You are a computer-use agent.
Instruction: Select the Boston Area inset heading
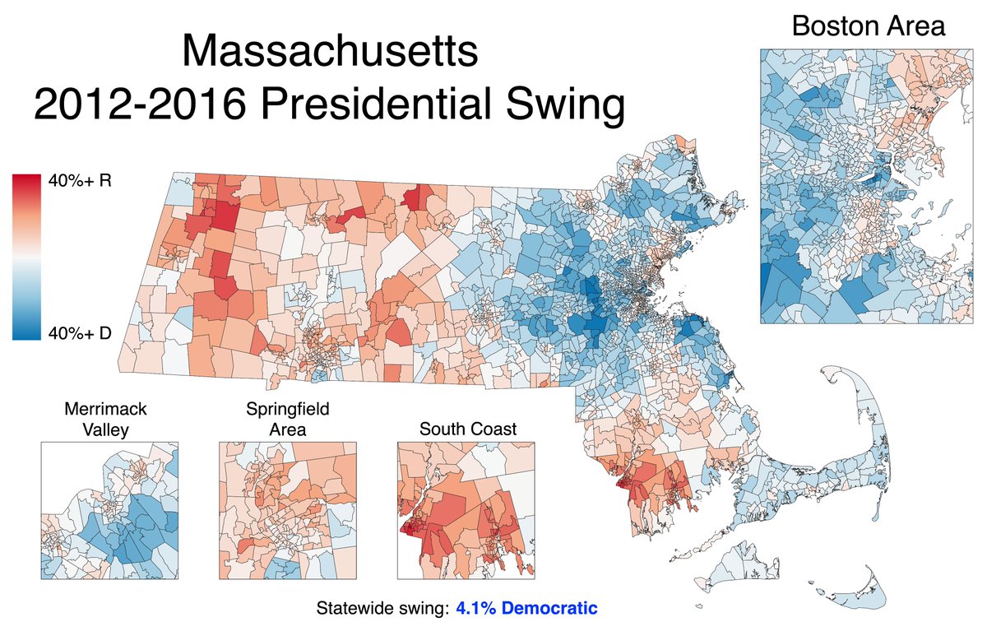(868, 26)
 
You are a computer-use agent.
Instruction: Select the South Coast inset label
(467, 429)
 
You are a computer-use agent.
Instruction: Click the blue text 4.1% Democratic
(526, 609)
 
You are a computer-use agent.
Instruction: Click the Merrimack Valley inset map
(109, 510)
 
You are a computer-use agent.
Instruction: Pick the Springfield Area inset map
(287, 510)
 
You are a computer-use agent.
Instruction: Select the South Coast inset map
(466, 510)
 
